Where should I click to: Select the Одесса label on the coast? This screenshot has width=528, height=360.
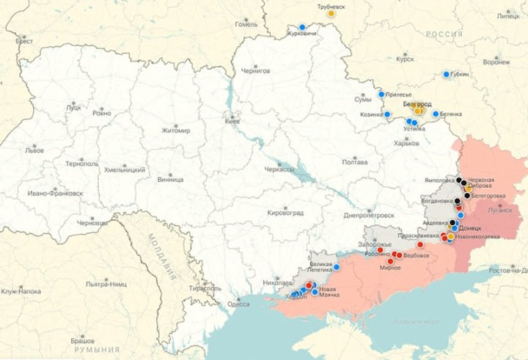click(238, 304)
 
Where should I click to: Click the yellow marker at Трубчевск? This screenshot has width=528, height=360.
click(331, 13)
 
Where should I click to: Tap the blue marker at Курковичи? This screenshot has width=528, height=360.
click(302, 27)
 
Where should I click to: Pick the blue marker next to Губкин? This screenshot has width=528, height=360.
click(447, 74)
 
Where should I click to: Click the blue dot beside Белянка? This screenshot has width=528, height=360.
click(436, 114)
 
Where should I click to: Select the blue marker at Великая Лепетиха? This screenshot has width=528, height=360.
click(337, 268)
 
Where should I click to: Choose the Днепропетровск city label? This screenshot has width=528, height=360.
click(369, 216)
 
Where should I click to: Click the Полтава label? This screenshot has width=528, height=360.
click(355, 161)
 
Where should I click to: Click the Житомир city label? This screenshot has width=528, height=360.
click(176, 131)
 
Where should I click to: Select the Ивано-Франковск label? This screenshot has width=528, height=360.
click(55, 194)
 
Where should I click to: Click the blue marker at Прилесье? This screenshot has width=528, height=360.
click(381, 94)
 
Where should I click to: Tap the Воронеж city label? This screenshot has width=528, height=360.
click(496, 62)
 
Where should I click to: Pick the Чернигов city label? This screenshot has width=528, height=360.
click(256, 70)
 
